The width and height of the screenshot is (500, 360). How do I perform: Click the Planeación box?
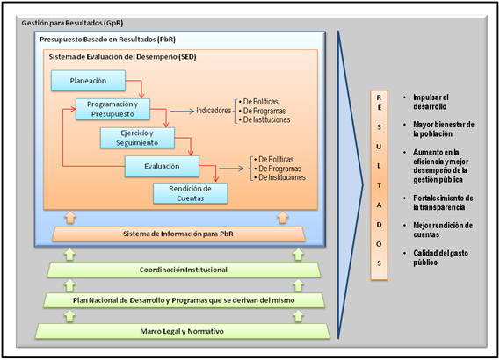click(x=89, y=81)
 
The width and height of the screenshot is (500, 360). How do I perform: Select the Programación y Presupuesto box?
click(x=112, y=109)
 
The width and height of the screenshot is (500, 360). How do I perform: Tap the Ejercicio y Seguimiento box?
click(x=137, y=138)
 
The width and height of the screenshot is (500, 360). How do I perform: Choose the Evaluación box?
click(x=162, y=166)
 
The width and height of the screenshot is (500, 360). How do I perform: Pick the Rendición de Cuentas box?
click(x=191, y=193)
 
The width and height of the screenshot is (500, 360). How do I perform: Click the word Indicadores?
click(x=214, y=111)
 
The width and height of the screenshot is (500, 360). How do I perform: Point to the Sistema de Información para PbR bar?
click(x=178, y=234)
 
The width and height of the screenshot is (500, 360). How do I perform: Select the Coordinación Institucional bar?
click(x=184, y=270)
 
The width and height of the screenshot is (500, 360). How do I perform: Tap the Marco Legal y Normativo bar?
click(x=182, y=331)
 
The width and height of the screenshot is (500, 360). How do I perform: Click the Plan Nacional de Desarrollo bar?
click(x=184, y=300)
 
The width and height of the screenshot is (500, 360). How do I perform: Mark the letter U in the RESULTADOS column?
click(x=379, y=147)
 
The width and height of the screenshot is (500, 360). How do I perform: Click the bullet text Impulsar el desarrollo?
click(x=431, y=102)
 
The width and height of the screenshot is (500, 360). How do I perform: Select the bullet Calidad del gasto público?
click(x=441, y=258)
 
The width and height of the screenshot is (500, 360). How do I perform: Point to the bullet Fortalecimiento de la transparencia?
click(x=443, y=203)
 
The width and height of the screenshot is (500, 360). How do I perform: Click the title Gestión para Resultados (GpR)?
click(x=72, y=23)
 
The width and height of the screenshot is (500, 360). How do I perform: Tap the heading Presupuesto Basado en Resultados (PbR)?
click(x=107, y=40)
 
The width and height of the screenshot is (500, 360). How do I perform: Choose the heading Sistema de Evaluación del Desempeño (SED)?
click(x=122, y=57)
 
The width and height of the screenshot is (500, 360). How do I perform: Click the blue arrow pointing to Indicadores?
click(x=182, y=112)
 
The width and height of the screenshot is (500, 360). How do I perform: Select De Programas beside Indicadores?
click(x=264, y=111)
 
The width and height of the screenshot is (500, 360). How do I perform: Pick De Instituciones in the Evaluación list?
click(x=282, y=177)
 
